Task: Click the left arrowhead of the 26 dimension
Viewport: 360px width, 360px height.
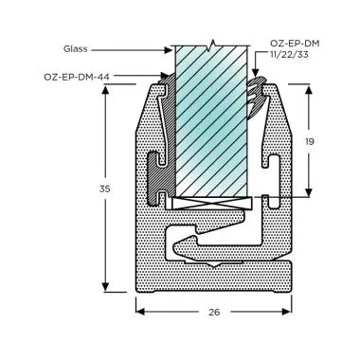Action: [x=140, y=310]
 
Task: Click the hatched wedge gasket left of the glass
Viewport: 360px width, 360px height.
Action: [x=167, y=142]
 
